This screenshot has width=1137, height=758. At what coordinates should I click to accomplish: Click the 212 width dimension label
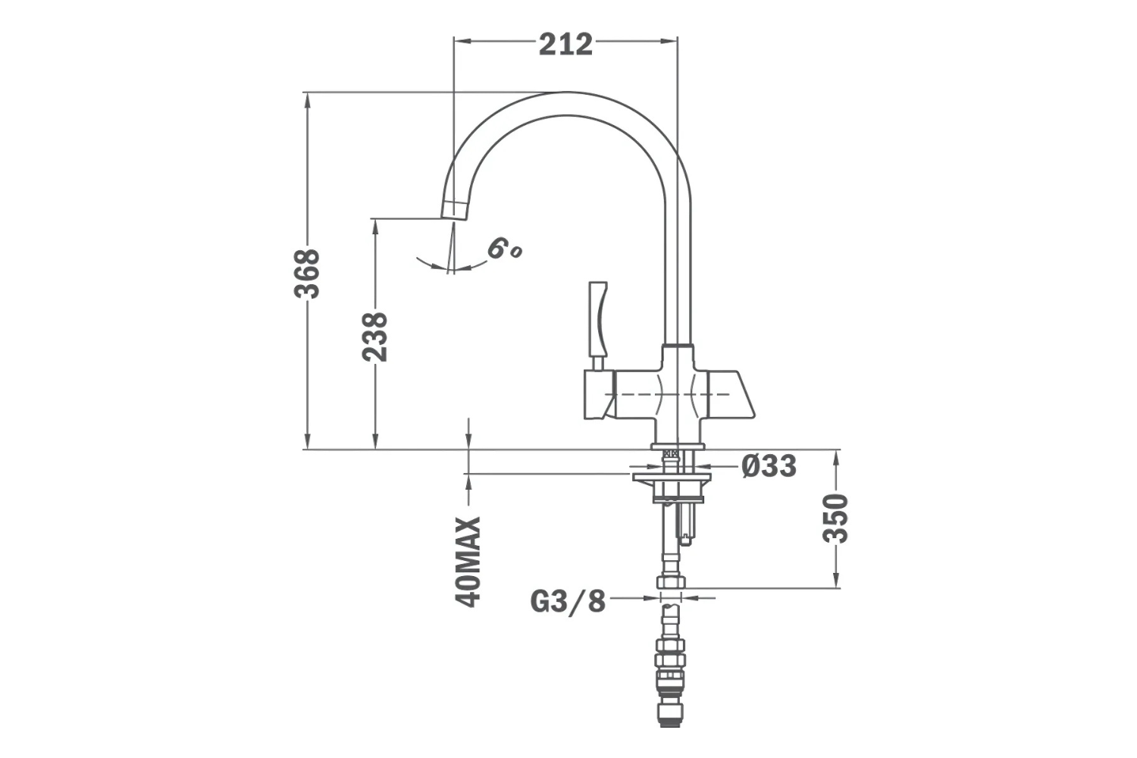[565, 44]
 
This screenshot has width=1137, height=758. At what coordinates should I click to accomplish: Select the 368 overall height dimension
[307, 273]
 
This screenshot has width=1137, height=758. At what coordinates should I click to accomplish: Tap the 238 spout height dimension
[374, 337]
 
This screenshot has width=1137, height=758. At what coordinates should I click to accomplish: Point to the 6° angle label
[503, 248]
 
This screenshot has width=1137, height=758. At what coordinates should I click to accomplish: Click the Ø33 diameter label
[769, 465]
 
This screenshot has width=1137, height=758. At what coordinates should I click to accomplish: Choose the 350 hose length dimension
[835, 518]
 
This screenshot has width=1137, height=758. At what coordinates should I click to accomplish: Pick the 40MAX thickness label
[468, 562]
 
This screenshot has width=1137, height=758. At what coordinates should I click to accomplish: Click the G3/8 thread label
[568, 602]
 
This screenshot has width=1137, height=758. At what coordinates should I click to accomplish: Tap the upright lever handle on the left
[597, 319]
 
